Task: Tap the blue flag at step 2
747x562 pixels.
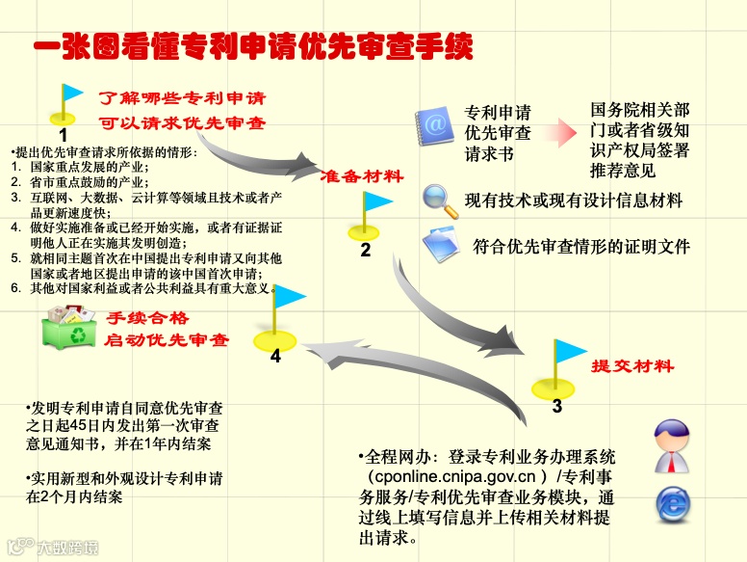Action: click(376, 203)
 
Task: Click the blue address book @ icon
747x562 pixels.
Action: click(433, 125)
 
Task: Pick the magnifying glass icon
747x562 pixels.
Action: click(441, 201)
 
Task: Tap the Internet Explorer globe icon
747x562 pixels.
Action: click(674, 503)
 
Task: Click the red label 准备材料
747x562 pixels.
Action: click(361, 177)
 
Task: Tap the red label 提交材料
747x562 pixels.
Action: click(631, 367)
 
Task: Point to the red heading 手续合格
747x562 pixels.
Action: click(147, 318)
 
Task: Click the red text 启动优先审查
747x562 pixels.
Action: click(166, 340)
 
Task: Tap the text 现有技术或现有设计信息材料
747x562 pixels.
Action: click(574, 201)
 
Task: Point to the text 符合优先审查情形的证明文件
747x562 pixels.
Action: click(581, 247)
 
